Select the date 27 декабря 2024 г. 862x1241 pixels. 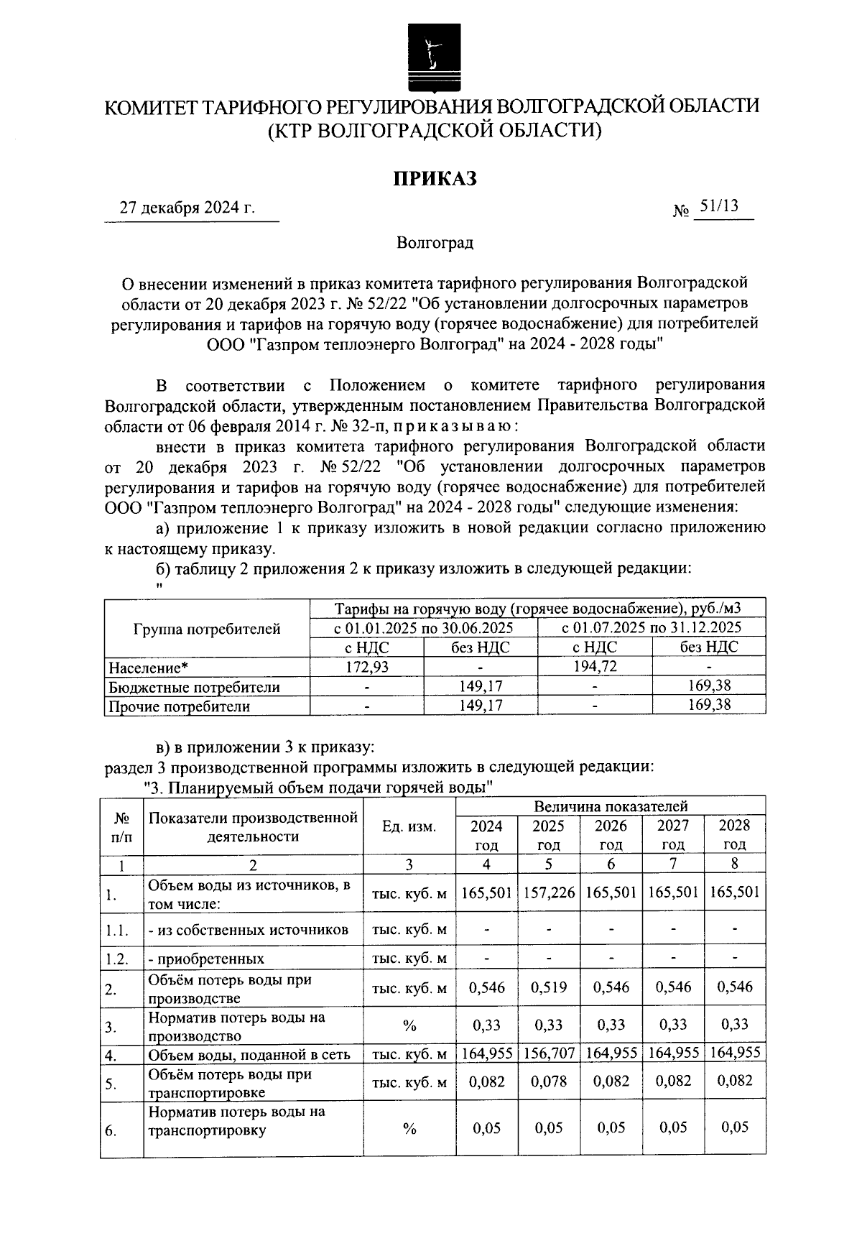[187, 208]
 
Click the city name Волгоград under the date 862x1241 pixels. [435, 243]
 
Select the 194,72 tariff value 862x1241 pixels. [595, 667]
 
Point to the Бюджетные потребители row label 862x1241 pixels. [194, 687]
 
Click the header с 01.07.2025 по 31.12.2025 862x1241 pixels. [652, 627]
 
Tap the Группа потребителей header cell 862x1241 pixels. [207, 629]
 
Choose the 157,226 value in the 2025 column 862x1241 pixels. [549, 892]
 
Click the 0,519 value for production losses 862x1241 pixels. [549, 987]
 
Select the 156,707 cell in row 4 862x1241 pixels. [549, 1053]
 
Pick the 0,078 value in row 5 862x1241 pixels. [549, 1081]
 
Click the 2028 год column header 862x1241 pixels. [734, 834]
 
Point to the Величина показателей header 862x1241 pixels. [611, 806]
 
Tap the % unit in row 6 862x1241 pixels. [409, 1129]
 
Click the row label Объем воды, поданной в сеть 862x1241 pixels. [249, 1055]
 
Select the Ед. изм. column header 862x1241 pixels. [409, 826]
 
